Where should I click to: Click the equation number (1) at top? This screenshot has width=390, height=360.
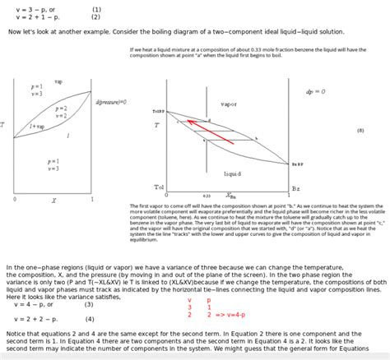point(96,9)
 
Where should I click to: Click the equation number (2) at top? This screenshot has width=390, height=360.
point(96,16)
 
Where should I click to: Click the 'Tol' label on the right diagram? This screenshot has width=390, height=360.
point(159,187)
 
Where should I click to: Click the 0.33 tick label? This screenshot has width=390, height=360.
point(207,196)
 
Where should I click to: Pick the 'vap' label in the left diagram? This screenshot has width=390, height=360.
point(58,82)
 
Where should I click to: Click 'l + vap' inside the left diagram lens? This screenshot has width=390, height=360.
point(38,127)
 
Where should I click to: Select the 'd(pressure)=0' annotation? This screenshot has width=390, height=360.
point(111,102)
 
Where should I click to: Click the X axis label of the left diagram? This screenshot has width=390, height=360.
point(53,200)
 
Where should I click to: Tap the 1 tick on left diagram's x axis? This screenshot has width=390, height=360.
point(91,200)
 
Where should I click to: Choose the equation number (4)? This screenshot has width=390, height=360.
point(89,319)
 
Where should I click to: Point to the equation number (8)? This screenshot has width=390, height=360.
point(360,130)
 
